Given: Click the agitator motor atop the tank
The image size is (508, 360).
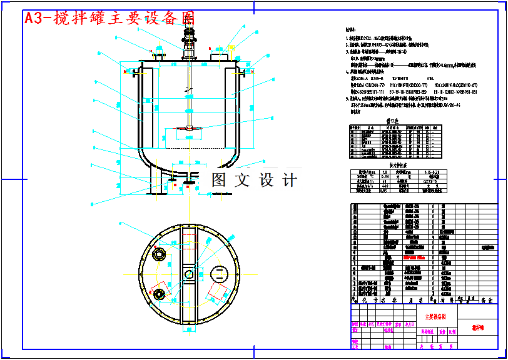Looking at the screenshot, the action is pyautogui.click(x=188, y=28).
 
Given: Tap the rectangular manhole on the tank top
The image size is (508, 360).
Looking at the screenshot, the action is pyautogui.click(x=219, y=57).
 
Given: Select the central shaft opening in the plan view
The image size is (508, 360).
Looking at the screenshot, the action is pyautogui.click(x=188, y=273).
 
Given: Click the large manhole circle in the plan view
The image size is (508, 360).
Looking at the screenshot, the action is pyautogui.click(x=219, y=273).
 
